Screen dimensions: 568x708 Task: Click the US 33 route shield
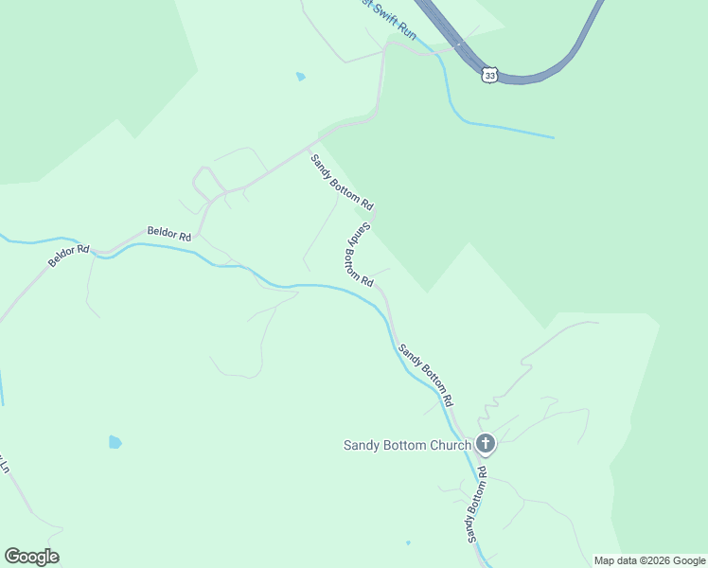point(488,75)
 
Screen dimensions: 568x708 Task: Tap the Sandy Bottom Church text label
point(407,445)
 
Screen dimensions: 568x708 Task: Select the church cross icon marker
point(486,443)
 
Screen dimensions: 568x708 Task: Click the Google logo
point(31,557)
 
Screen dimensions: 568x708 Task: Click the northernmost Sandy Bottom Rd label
point(342,183)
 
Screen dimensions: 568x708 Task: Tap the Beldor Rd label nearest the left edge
point(69,256)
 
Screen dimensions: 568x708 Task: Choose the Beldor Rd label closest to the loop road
point(169,233)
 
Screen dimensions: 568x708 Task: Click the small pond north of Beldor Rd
point(301,77)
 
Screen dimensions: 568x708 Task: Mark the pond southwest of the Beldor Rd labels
point(115,441)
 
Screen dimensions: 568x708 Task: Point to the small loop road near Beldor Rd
point(206,179)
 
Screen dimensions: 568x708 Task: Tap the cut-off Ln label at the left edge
point(4,467)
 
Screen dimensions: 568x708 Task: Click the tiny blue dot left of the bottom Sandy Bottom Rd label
point(408,542)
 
